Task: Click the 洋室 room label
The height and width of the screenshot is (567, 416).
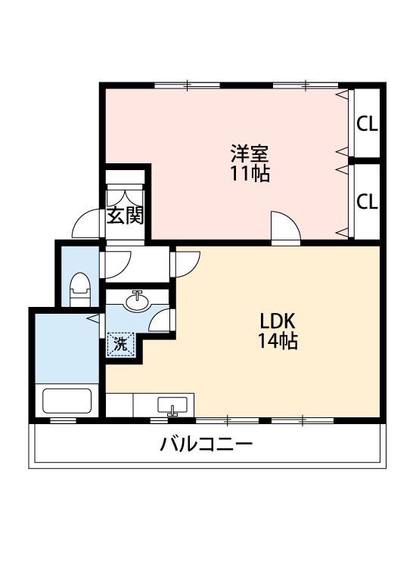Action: coord(250,154)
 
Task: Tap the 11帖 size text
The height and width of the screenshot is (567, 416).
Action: coord(250,174)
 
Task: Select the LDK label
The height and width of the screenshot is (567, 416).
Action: coord(277,321)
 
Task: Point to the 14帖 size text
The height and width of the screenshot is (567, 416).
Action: coord(277,341)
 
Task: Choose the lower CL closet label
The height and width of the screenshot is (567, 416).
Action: coord(368,202)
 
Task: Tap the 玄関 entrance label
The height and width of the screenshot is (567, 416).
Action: coord(125,216)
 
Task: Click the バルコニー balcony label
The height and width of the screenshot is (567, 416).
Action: coord(206,444)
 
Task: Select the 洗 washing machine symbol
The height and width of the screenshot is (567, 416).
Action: coord(120,344)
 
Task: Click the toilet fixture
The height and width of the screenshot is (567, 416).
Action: coord(79,290)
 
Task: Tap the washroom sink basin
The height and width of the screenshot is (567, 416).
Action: coord(137,302)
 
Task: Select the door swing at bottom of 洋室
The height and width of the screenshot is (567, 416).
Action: coord(284,228)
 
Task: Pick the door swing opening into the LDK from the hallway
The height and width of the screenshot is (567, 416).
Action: coord(186,262)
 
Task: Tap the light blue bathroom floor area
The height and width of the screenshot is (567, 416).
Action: coord(64,348)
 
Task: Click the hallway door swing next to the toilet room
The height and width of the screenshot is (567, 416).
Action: coord(118,262)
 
